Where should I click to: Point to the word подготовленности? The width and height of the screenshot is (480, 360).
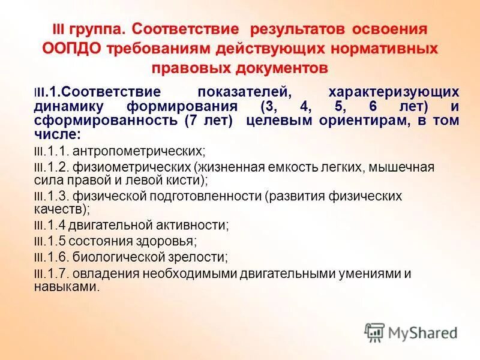point(210,196)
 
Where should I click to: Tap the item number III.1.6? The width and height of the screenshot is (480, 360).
point(52,257)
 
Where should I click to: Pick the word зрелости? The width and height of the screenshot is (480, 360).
point(199,257)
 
